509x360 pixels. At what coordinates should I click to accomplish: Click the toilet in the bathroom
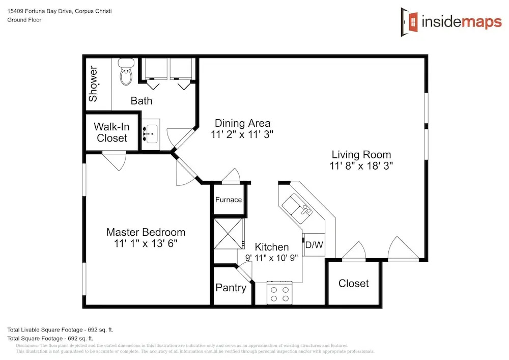(x=126, y=71)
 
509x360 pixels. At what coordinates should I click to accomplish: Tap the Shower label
(x=93, y=84)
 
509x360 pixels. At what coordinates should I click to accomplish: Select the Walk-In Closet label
(x=111, y=132)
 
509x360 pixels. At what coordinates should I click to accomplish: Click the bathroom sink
(x=151, y=134)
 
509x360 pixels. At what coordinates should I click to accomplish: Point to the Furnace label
(x=229, y=200)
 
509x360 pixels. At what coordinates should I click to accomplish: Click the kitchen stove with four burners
(x=279, y=293)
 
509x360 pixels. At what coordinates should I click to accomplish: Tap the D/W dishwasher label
(x=314, y=245)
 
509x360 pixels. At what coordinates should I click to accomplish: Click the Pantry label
(x=231, y=288)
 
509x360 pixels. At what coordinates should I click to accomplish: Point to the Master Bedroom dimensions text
(x=146, y=243)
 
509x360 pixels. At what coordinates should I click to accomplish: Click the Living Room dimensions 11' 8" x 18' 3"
(x=361, y=166)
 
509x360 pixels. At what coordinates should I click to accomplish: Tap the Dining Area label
(x=242, y=123)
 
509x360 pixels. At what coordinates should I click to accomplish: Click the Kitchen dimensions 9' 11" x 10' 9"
(x=271, y=258)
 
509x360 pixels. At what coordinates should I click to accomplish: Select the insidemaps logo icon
(x=409, y=22)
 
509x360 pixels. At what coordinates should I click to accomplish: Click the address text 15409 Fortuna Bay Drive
(x=39, y=11)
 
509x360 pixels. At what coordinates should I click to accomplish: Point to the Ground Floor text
(x=24, y=20)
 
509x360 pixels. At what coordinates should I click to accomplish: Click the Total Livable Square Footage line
(x=61, y=330)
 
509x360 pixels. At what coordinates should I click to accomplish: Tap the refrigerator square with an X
(x=228, y=234)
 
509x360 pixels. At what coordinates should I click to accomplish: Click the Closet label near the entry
(x=354, y=284)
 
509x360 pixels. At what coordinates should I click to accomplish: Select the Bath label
(x=141, y=101)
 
